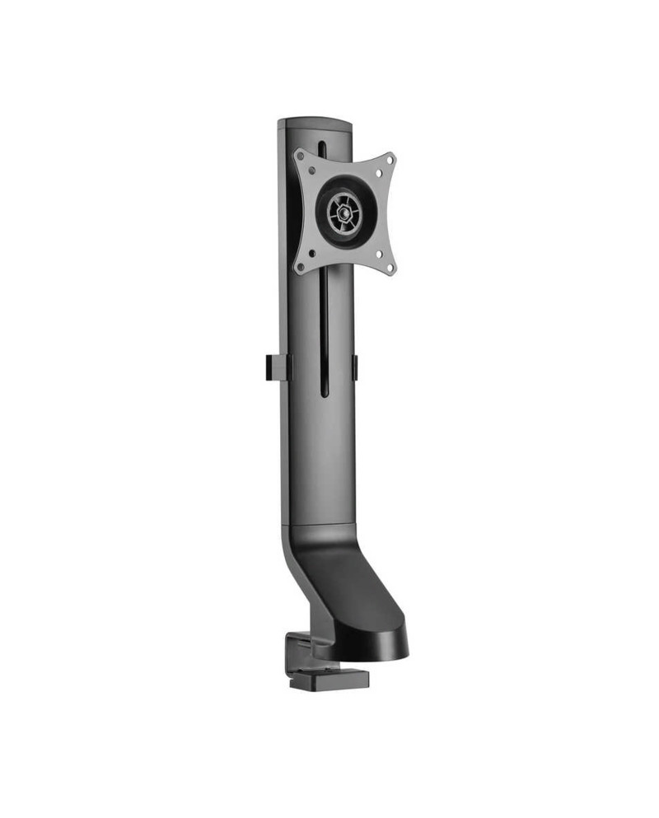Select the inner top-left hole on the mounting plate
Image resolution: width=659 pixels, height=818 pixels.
pos(310,171)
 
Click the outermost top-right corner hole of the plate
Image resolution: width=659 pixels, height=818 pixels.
pos(390,159)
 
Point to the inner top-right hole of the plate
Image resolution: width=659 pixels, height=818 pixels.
pos(377,174)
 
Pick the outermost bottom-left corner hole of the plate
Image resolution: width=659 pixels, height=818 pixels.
pos(299,266)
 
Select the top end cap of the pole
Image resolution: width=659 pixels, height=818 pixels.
pos(315,124)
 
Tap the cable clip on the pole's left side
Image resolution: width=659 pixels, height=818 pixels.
pos(278,367)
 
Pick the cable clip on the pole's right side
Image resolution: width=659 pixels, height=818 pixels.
pos(355,367)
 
